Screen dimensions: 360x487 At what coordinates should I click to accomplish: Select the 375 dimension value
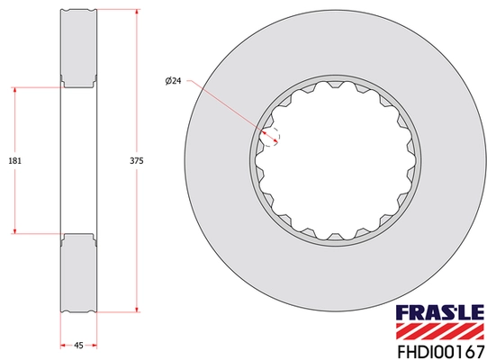(x=137, y=160)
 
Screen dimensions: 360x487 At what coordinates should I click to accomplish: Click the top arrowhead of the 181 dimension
(x=15, y=90)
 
